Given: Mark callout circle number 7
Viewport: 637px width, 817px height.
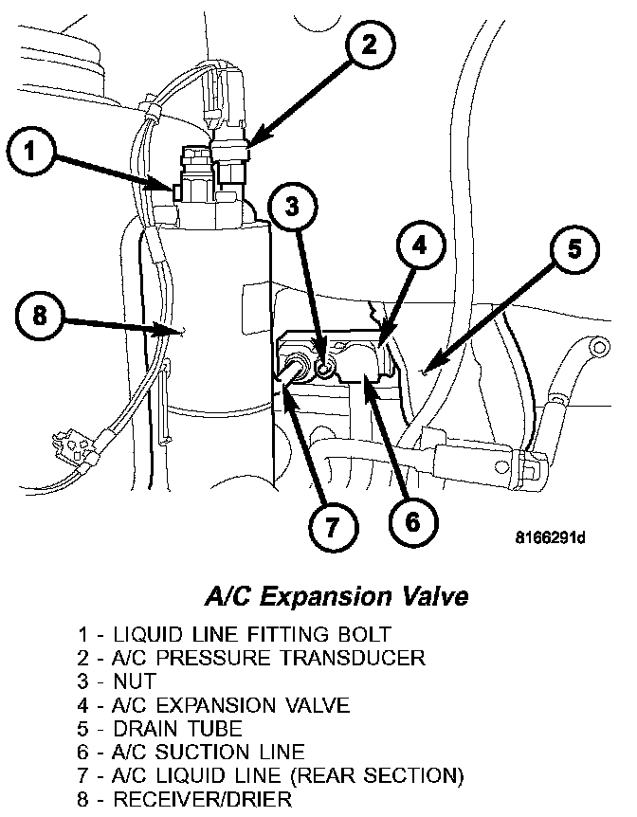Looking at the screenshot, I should tap(331, 527).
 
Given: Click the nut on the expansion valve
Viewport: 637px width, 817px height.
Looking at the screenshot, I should tap(324, 368).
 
